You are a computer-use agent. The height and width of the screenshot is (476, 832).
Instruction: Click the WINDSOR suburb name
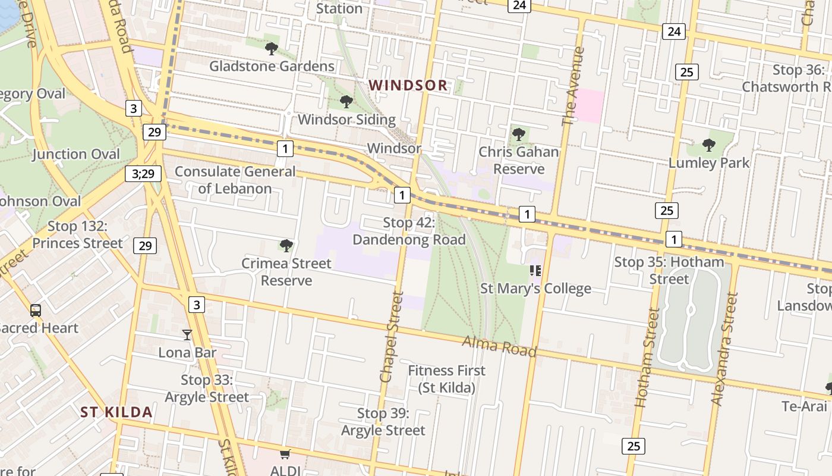(408, 85)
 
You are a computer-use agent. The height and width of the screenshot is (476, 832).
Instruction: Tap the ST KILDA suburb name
(116, 412)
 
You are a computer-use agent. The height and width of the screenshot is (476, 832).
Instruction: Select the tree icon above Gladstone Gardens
(272, 49)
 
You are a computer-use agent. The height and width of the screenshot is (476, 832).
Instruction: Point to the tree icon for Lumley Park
(708, 145)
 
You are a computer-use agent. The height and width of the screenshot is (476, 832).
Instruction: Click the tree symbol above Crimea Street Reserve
(286, 245)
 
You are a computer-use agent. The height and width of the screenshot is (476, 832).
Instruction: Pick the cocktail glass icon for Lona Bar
(187, 335)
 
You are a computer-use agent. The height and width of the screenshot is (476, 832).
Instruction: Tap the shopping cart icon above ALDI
(285, 454)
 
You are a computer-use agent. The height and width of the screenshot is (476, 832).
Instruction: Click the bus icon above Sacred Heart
(36, 310)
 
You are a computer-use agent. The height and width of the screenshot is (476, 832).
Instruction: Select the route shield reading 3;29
(143, 174)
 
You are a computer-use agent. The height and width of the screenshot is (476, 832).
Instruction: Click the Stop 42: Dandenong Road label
(409, 231)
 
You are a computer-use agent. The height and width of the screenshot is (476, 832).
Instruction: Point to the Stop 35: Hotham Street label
(669, 270)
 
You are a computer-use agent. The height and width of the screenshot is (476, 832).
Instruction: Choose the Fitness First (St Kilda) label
(447, 379)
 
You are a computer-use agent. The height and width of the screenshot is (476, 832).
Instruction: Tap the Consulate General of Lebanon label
(235, 180)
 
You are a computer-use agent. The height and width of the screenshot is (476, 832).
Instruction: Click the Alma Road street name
(499, 346)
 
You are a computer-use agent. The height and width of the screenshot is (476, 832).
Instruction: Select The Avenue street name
(573, 86)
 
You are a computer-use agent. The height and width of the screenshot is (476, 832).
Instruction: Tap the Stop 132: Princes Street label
(78, 234)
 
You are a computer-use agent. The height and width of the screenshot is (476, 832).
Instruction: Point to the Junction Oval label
(76, 154)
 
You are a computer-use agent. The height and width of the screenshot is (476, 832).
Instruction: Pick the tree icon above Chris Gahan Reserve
(519, 134)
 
